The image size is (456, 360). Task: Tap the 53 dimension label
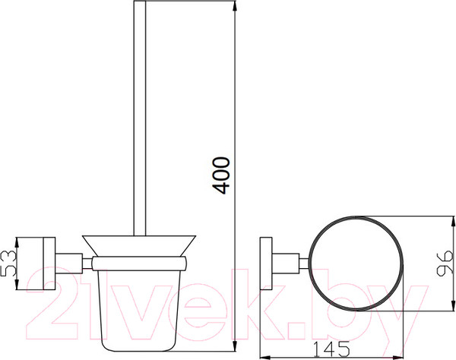[x=8, y=264]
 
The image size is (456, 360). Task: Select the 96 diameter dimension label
[x=445, y=264]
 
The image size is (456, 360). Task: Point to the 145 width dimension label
[x=331, y=349]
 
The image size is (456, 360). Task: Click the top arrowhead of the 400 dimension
[x=235, y=5]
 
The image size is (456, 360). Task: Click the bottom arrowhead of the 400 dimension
[x=235, y=346]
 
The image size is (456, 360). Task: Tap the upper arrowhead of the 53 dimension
[x=17, y=242]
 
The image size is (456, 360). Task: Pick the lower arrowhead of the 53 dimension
[x=17, y=285]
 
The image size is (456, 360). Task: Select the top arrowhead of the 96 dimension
[x=452, y=221]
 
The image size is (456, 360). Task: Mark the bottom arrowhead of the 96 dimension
[x=452, y=306]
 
